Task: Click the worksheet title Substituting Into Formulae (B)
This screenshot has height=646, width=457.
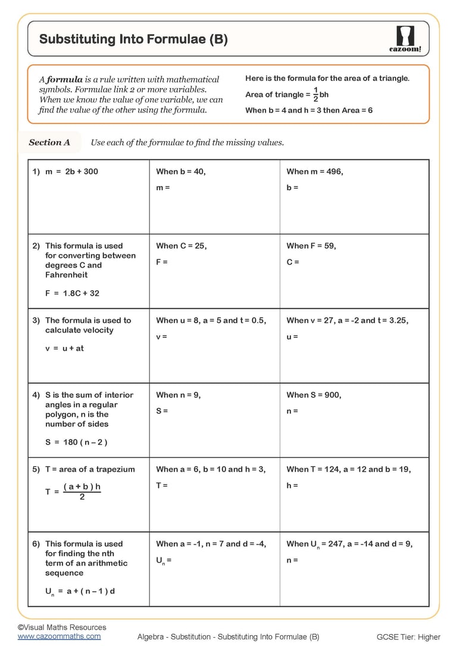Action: pyautogui.click(x=133, y=40)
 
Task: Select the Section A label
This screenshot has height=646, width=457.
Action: pyautogui.click(x=49, y=142)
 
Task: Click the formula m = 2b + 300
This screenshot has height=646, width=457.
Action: pyautogui.click(x=71, y=171)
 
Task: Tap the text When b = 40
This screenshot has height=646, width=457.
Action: pyautogui.click(x=181, y=171)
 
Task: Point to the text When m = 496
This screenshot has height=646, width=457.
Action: pyautogui.click(x=315, y=171)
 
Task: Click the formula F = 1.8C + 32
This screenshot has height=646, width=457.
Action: pyautogui.click(x=72, y=293)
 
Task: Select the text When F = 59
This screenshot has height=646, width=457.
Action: pyautogui.click(x=311, y=246)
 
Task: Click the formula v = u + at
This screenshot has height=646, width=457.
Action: pyautogui.click(x=64, y=349)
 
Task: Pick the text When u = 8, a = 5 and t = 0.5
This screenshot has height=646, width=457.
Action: pyautogui.click(x=211, y=320)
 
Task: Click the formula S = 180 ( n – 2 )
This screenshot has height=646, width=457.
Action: pyautogui.click(x=76, y=442)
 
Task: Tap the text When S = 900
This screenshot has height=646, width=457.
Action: pyautogui.click(x=314, y=395)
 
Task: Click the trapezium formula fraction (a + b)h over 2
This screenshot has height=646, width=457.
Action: pyautogui.click(x=82, y=491)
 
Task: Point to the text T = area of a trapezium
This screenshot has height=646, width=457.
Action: pyautogui.click(x=90, y=469)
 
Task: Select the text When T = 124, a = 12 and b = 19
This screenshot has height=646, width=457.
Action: pyautogui.click(x=349, y=469)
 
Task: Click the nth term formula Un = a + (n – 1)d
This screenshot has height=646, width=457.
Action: pyautogui.click(x=80, y=592)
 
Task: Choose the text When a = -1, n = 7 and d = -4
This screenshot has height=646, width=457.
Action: pyautogui.click(x=211, y=544)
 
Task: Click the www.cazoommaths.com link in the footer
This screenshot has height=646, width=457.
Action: pyautogui.click(x=59, y=636)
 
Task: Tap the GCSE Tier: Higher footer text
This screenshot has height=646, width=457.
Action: pyautogui.click(x=408, y=637)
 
